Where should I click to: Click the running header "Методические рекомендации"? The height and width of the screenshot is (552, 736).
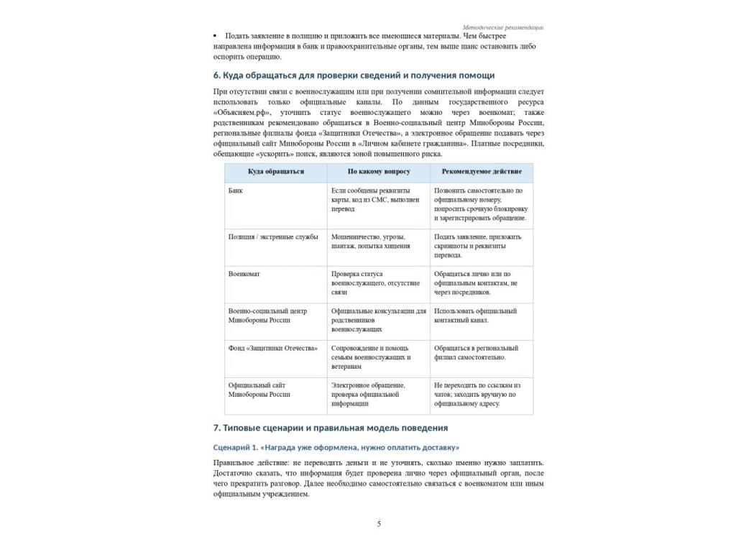pos(503,27)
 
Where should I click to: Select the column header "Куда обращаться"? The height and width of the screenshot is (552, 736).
pos(276,172)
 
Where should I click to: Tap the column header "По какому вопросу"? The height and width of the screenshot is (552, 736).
pos(379,172)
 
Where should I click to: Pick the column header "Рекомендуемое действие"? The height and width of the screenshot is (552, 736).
pos(482,172)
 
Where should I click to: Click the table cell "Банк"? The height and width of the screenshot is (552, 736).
pos(236,190)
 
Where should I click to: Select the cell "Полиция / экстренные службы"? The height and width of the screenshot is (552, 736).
pos(273,236)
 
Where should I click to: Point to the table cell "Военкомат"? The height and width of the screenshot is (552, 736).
pos(244,274)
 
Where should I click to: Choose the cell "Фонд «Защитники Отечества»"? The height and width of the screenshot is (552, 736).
pos(273,348)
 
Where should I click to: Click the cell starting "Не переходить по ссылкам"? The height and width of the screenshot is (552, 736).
pos(478,394)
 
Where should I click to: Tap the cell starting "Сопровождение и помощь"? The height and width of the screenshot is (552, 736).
pos(371,357)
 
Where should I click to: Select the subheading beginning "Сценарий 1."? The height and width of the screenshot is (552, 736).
pos(336,447)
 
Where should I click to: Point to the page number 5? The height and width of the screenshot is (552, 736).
pos(379,524)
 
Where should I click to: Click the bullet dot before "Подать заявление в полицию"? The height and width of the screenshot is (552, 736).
pos(216,36)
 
